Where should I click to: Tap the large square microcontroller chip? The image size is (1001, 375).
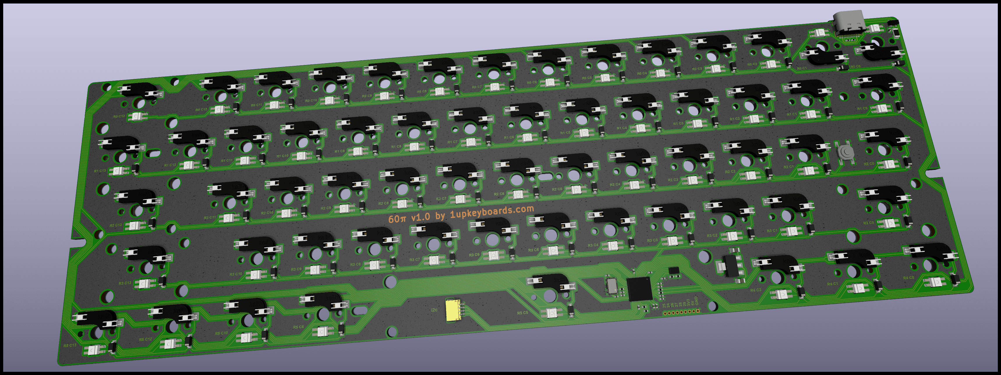639,289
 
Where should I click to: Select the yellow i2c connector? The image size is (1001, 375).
453,310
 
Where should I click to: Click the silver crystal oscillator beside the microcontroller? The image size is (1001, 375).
611,286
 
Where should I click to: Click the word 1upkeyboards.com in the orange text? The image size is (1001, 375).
491,211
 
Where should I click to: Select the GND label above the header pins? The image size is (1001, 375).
697,302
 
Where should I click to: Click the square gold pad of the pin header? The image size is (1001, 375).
698,311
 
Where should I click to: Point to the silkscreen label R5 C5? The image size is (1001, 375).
522,313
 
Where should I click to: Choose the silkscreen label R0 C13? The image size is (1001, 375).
119,116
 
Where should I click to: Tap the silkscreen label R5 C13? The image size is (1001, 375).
70,346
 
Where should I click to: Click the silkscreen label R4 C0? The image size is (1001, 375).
908,278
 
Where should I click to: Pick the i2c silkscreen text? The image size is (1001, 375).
434,310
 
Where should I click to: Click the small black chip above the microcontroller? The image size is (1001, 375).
674,270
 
